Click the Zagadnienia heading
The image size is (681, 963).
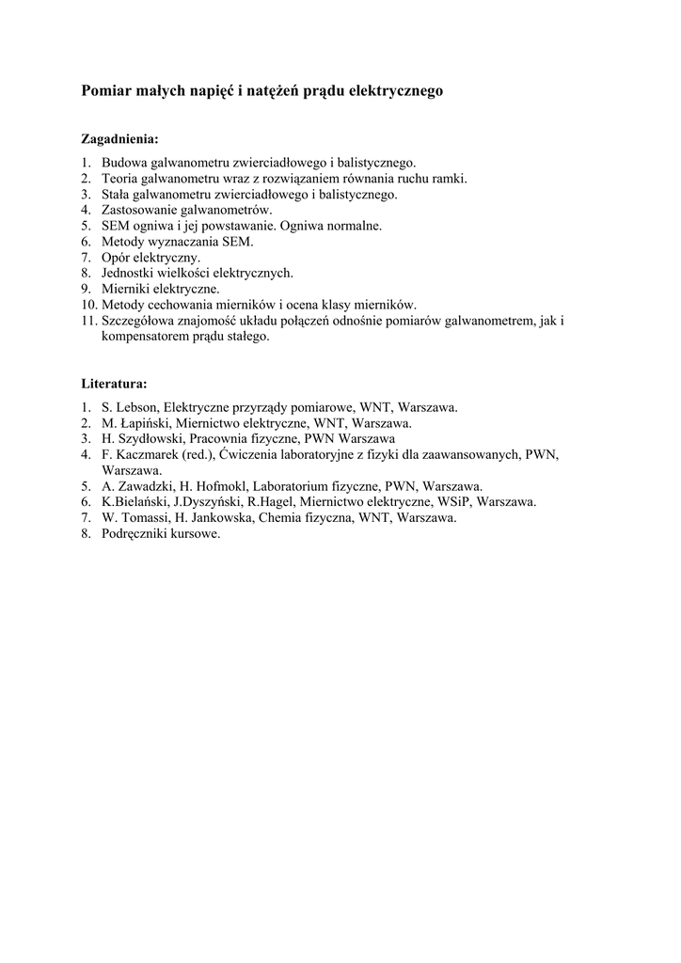pyautogui.click(x=119, y=138)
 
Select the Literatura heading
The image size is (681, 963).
pyautogui.click(x=114, y=384)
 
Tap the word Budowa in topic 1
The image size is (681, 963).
pyautogui.click(x=124, y=163)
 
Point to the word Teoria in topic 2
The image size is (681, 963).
pyautogui.click(x=121, y=179)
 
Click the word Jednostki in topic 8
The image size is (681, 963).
pyautogui.click(x=129, y=273)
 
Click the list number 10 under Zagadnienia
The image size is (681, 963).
pyautogui.click(x=87, y=305)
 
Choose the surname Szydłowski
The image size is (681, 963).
pyautogui.click(x=149, y=438)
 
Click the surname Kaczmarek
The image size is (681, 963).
pyautogui.click(x=149, y=455)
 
